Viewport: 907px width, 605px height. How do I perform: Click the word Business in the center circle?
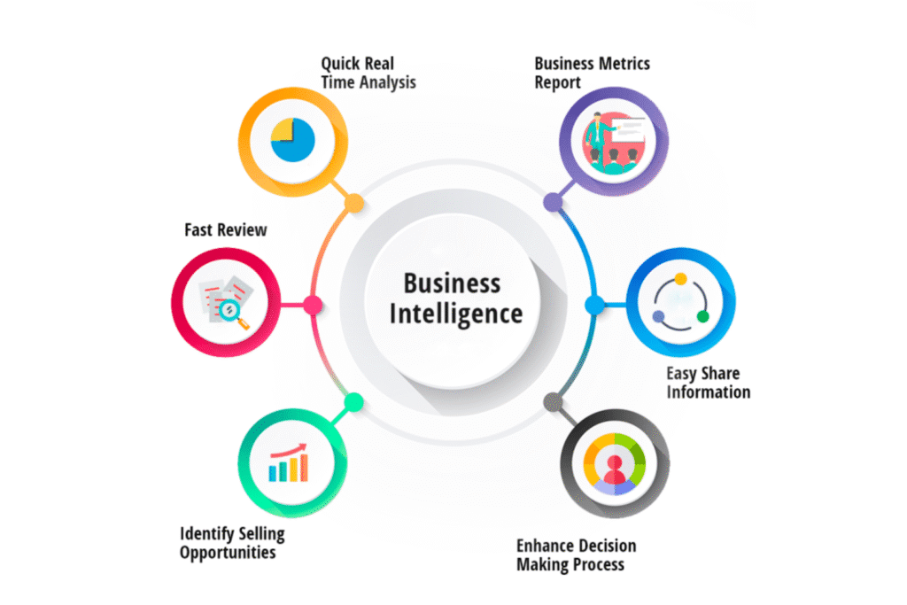[x=452, y=283]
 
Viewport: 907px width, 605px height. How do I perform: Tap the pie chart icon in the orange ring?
[x=293, y=139]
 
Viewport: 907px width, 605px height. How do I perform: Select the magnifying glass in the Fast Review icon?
[x=231, y=311]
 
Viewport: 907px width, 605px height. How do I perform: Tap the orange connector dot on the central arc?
[x=353, y=204]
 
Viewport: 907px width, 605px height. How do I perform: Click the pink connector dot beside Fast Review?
[x=312, y=305]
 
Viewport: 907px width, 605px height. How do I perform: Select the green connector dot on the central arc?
[x=353, y=402]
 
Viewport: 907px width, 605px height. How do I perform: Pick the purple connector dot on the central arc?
[x=554, y=203]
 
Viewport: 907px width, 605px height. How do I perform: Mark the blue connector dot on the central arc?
[x=594, y=305]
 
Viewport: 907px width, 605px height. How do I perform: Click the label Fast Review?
[x=225, y=230]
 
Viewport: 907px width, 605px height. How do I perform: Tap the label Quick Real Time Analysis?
[x=368, y=74]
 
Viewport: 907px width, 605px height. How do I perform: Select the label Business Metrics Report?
[x=592, y=73]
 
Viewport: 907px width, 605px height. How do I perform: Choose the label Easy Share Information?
[x=708, y=382]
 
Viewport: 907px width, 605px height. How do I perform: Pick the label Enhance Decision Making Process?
[x=576, y=555]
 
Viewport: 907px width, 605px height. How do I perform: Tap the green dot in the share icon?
[x=702, y=316]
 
